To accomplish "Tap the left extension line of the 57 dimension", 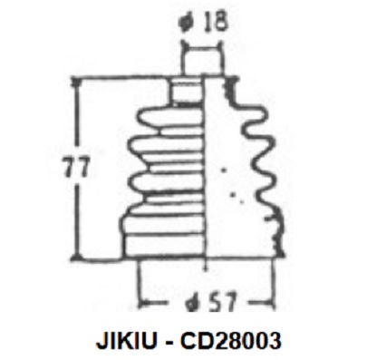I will point(137,277).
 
